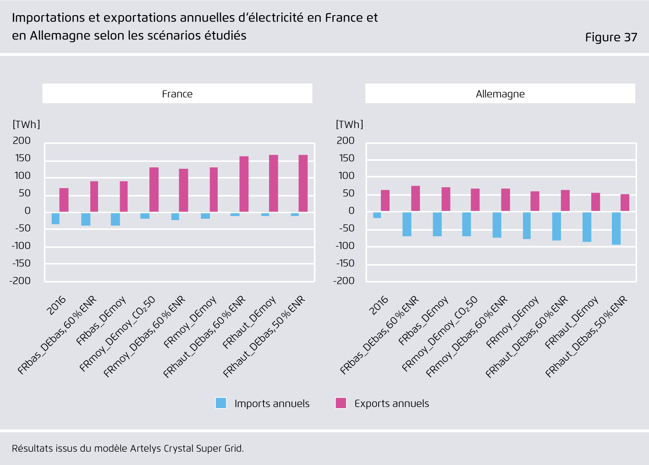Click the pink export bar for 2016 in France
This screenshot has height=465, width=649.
[x=64, y=200]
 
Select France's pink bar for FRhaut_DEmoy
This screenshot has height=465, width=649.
[x=273, y=183]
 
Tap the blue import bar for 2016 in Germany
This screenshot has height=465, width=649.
[x=377, y=215]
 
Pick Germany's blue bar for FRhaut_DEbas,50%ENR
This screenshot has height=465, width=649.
[x=616, y=228]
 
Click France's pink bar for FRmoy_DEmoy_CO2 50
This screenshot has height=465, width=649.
[x=154, y=189]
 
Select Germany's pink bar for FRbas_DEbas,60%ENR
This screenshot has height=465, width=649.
[x=415, y=199]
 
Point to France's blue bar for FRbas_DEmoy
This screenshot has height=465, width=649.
[x=115, y=219]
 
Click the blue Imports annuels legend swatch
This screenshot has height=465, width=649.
[x=221, y=403]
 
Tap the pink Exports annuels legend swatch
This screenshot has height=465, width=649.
[x=341, y=403]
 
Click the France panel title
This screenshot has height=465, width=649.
[x=177, y=94]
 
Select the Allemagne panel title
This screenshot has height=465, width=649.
[x=500, y=94]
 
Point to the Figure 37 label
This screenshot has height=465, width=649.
[x=611, y=37]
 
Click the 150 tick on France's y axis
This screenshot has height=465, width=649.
[x=23, y=158]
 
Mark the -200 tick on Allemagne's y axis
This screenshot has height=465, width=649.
[x=344, y=281]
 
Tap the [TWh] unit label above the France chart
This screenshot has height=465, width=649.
[x=27, y=124]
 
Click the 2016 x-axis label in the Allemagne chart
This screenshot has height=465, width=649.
[x=379, y=305]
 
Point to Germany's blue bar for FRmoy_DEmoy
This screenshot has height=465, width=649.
[x=527, y=226]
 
